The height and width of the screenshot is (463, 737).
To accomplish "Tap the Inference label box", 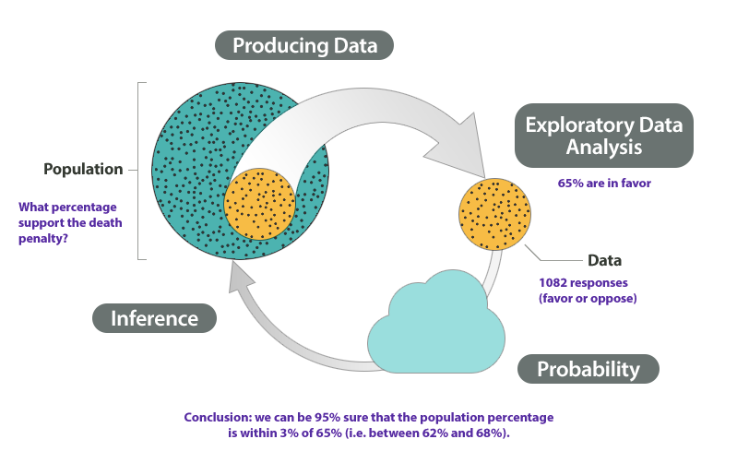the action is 154,318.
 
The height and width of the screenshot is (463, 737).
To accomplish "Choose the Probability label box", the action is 588,369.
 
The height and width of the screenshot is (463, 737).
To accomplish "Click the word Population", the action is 83,170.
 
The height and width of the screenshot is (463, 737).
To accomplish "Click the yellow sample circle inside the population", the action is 260,204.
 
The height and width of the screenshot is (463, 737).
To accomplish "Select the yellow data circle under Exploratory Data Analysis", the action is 493,214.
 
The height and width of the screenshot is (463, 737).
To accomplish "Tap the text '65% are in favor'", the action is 604,184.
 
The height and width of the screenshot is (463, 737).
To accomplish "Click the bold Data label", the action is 605,260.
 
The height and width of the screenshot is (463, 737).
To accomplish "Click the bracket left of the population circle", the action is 140,171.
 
